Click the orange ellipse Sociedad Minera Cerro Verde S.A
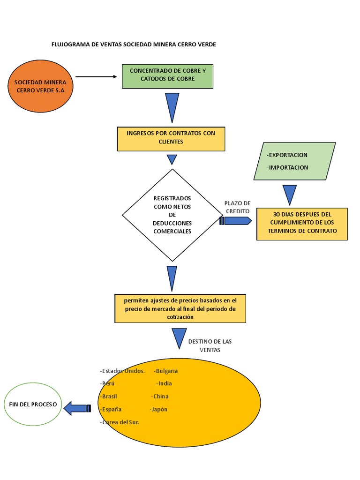coord(40,86)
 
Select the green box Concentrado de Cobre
coord(167,76)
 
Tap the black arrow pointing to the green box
coord(96,76)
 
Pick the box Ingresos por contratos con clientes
coord(171,138)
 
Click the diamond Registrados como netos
coord(172,215)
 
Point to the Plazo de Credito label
coord(238,207)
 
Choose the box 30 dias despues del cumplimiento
coord(302,223)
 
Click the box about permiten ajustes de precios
coord(180,308)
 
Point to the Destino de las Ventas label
coord(210,345)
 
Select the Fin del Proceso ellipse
coord(33,404)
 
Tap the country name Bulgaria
coord(166,371)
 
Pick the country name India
coord(164,383)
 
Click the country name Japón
coord(158,409)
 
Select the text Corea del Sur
coord(120,422)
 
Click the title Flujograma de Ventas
coord(134,44)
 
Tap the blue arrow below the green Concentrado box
coord(172,107)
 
